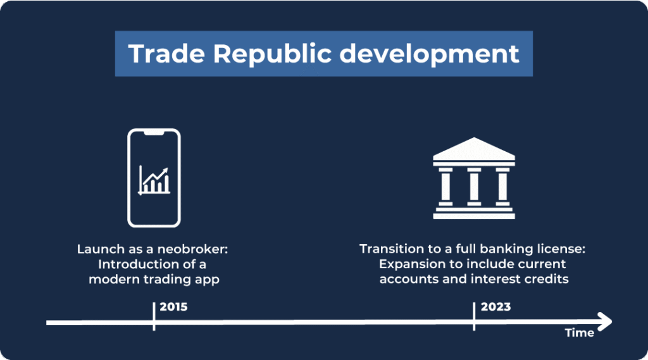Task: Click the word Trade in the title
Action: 166,54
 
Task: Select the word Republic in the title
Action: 272,54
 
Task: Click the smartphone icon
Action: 154,178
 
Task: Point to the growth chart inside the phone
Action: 154,180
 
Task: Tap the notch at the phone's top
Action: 154,133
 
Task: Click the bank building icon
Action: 474,178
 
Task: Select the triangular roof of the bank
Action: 474,149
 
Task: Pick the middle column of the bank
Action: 474,187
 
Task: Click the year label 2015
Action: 173,307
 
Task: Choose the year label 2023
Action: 495,307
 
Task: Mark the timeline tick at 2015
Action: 154,316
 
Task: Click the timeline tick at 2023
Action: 474,316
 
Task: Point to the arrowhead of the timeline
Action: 606,321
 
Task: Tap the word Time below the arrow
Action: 580,333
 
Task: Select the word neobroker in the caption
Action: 192,249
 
